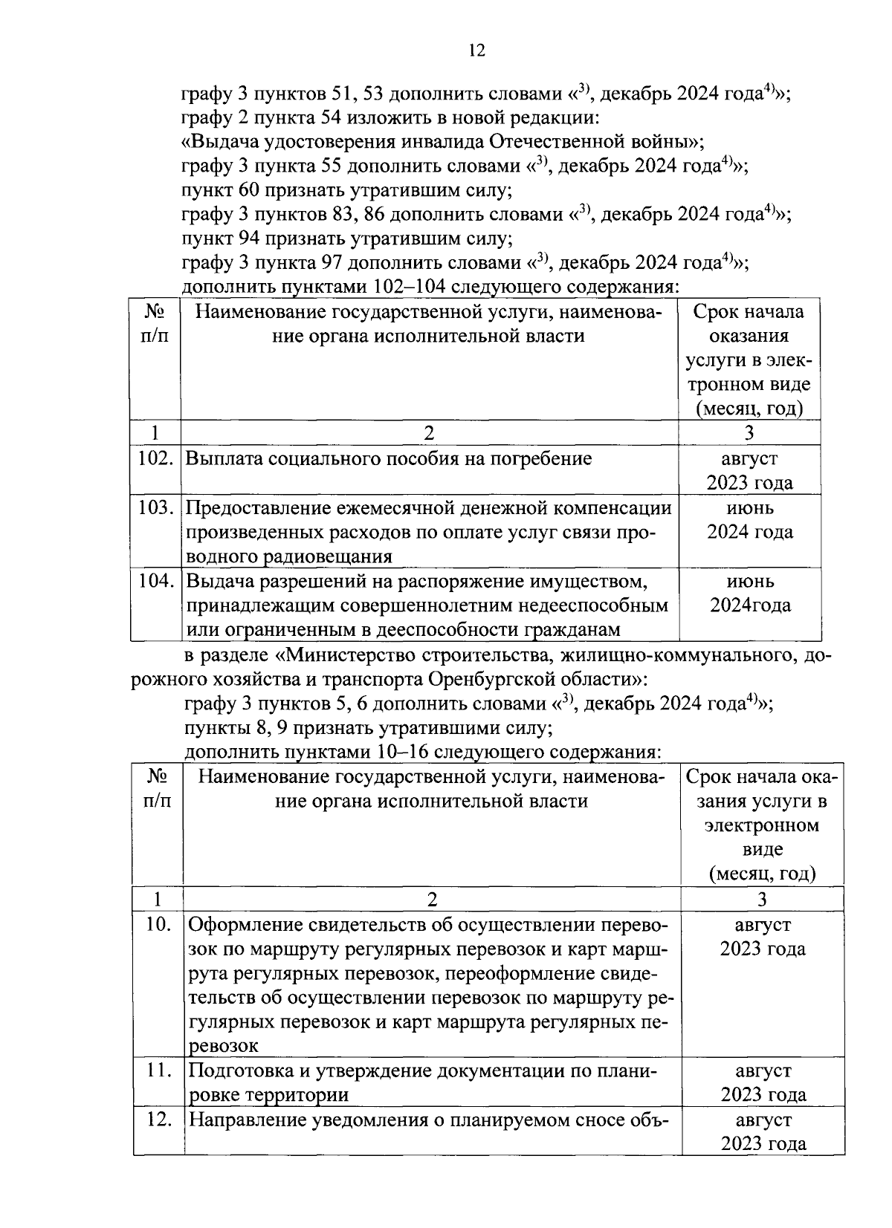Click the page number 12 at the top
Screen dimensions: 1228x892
click(x=476, y=51)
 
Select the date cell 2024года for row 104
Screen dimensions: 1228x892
click(x=750, y=605)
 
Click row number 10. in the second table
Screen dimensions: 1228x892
click(x=158, y=925)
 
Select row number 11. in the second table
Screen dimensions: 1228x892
click(x=158, y=1071)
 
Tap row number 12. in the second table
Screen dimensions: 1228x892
click(x=158, y=1120)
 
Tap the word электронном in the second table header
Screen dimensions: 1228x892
click(x=763, y=825)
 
